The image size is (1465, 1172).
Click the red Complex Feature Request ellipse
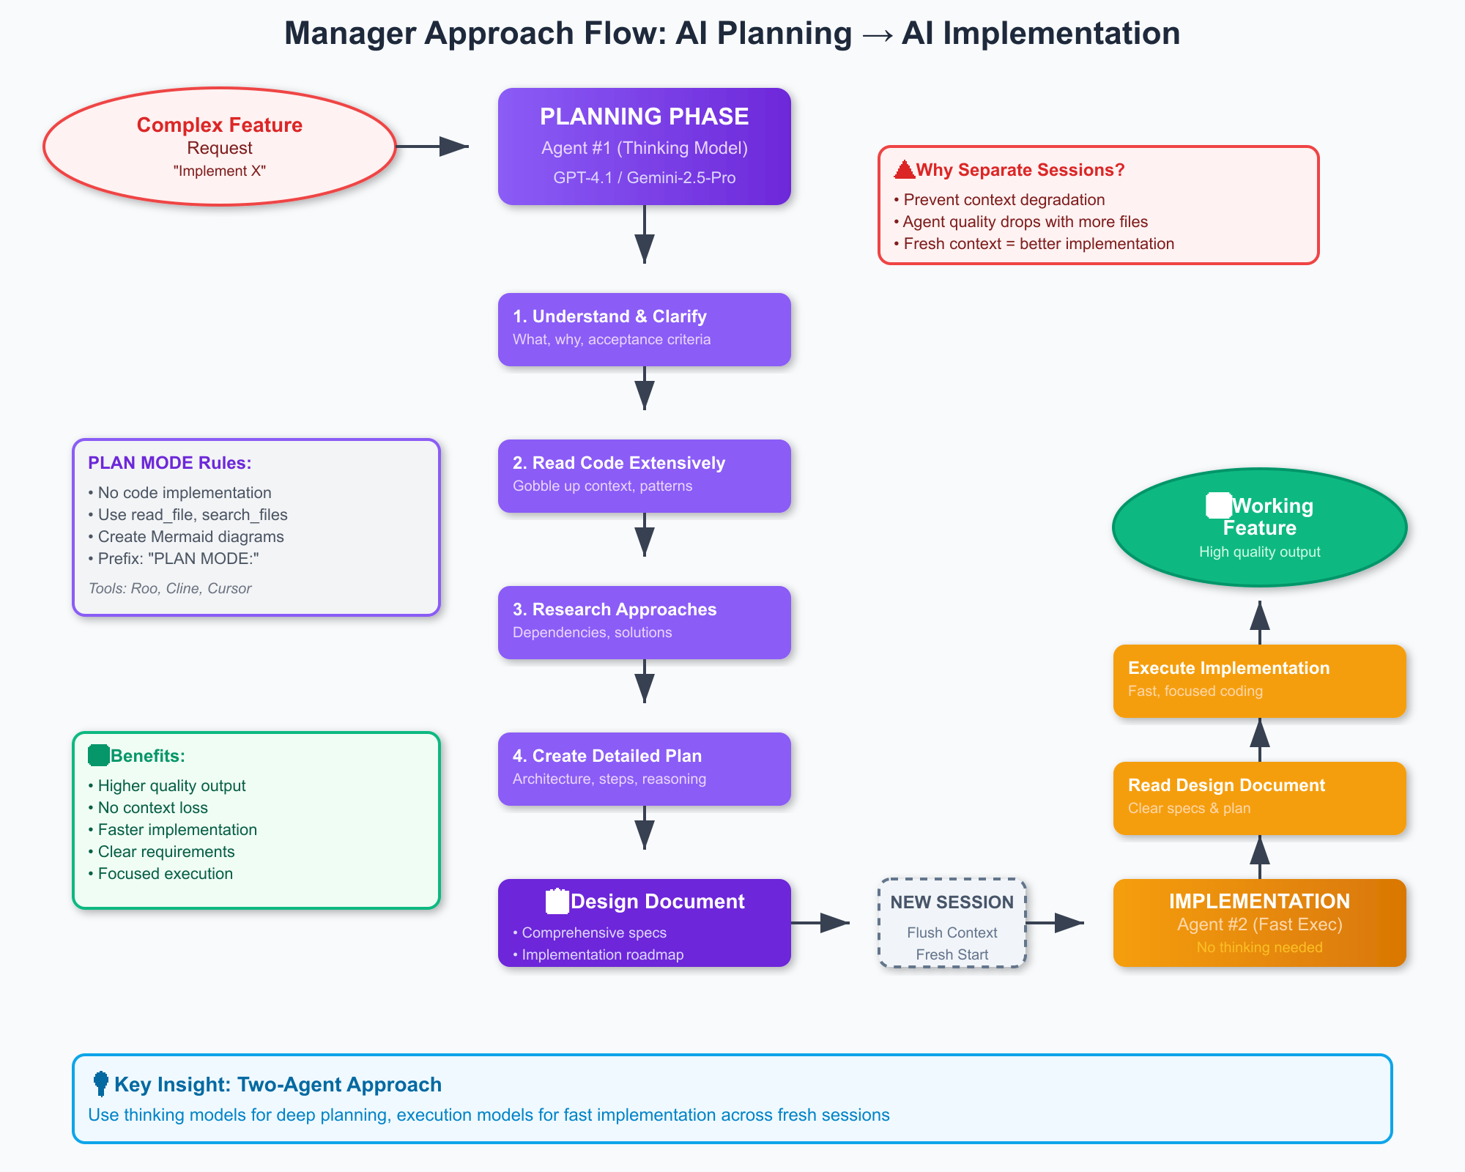click(220, 146)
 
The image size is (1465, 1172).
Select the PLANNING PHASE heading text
click(644, 116)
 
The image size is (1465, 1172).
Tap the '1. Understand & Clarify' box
click(644, 329)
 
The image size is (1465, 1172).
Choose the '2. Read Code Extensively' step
click(644, 475)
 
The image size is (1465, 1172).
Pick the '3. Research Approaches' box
click(644, 622)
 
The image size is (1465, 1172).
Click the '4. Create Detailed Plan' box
click(644, 768)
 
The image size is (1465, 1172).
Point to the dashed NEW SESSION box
click(952, 923)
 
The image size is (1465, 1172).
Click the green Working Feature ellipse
click(1259, 527)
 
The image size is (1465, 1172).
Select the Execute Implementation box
click(1259, 680)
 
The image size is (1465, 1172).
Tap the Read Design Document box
click(1259, 798)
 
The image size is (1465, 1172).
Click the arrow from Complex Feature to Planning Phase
click(432, 146)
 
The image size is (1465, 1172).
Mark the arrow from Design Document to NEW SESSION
click(820, 923)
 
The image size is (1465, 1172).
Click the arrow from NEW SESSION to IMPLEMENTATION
click(1055, 923)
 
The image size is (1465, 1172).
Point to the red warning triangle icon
click(905, 170)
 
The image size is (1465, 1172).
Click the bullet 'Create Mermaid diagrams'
click(190, 537)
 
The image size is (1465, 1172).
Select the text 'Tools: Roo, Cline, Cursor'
click(170, 588)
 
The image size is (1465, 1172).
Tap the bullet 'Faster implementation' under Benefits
click(177, 830)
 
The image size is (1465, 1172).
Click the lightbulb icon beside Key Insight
click(101, 1083)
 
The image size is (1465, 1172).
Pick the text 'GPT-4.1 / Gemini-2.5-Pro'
click(644, 178)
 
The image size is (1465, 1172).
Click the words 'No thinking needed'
click(1259, 948)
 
